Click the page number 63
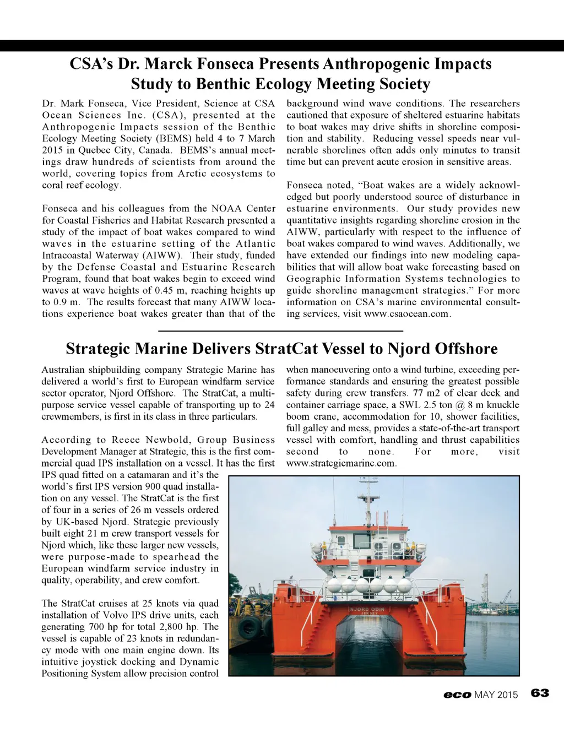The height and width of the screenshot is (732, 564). point(540,693)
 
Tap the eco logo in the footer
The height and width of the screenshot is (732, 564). point(457,695)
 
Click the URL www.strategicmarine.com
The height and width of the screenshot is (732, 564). point(340,463)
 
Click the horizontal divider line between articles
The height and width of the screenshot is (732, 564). point(281,330)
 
